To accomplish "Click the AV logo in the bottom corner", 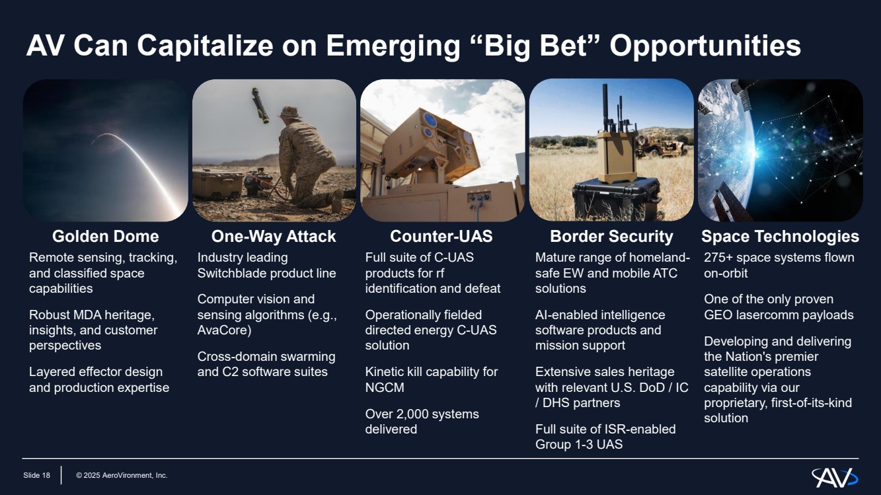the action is (835, 477).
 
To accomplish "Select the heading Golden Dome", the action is (105, 237).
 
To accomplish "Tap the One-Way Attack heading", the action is (274, 237).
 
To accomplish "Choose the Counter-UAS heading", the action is (441, 237).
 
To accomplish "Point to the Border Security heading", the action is (611, 237).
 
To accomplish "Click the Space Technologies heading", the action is (781, 237).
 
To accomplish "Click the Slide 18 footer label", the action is (36, 475).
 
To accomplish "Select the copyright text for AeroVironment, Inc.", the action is (122, 475).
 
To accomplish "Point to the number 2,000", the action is (421, 414).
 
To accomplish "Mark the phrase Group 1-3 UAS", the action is (579, 445).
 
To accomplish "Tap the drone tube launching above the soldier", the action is (260, 105).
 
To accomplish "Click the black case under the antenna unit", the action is (616, 198).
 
